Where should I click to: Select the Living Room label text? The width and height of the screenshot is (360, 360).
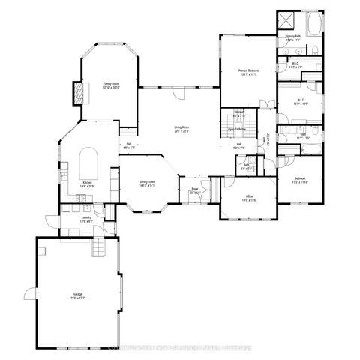(x=181, y=128)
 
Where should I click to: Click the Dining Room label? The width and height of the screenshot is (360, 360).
(x=147, y=183)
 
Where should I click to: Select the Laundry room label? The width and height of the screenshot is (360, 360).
(x=86, y=219)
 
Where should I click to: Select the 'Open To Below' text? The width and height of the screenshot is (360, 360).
(x=238, y=128)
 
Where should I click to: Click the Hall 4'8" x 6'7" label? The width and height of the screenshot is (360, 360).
(x=128, y=145)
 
